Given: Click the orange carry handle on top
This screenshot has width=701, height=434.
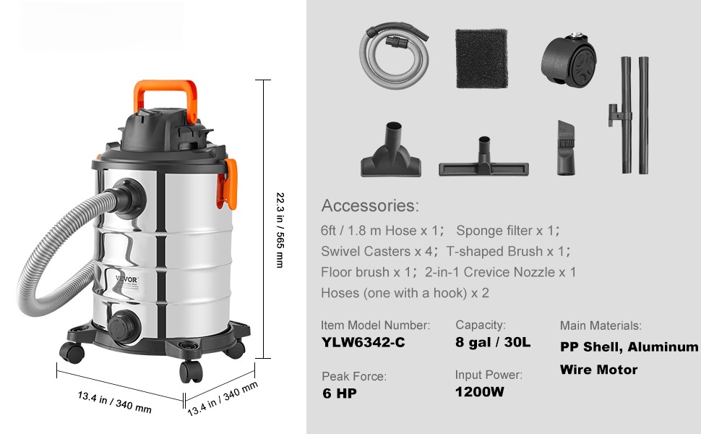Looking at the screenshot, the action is pyautogui.click(x=165, y=86).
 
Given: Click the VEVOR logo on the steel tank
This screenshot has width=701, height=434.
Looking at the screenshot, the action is pyautogui.click(x=127, y=280).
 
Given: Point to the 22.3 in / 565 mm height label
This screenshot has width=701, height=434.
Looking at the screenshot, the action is pyautogui.click(x=280, y=230).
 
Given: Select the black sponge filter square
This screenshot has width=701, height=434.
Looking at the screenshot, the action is pyautogui.click(x=481, y=58).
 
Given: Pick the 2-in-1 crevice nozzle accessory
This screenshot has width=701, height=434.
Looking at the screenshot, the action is pyautogui.click(x=566, y=148).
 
